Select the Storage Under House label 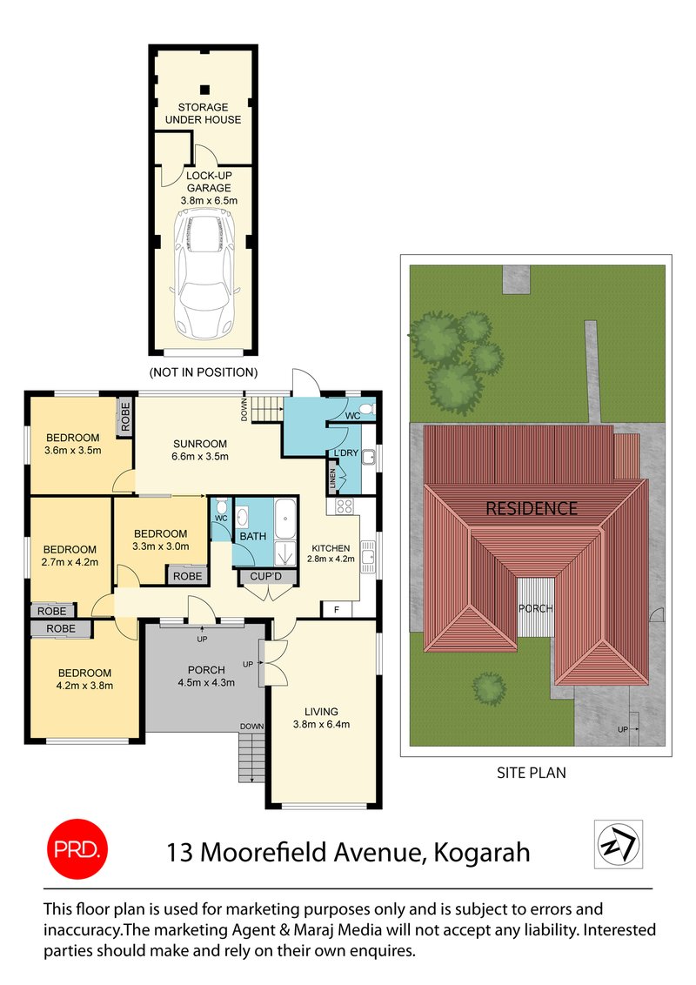click(x=204, y=113)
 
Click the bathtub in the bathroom click(x=285, y=520)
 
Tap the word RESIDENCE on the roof click(x=532, y=509)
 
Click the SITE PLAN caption click(x=531, y=772)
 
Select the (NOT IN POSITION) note click(x=204, y=372)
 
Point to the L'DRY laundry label click(x=346, y=453)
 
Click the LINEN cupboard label click(x=331, y=479)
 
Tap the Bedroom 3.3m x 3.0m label click(x=160, y=539)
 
